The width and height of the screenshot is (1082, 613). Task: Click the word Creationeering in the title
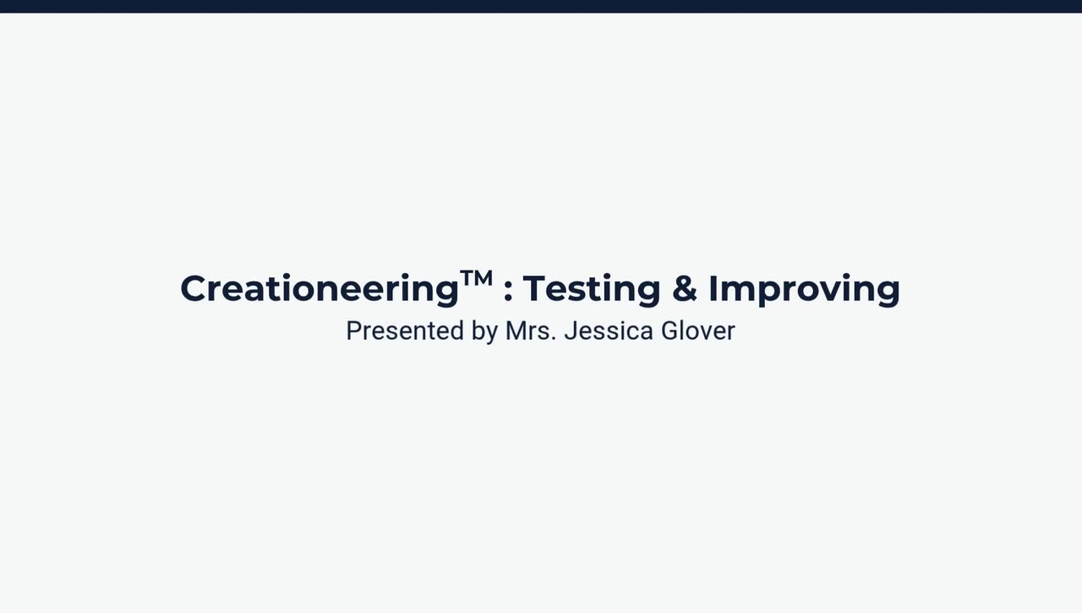click(x=320, y=290)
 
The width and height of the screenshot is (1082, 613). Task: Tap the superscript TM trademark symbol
click(x=476, y=279)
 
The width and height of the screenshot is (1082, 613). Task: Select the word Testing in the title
click(x=592, y=290)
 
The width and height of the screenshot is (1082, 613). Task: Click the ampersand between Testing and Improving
click(x=685, y=288)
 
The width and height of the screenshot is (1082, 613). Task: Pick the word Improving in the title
click(x=804, y=290)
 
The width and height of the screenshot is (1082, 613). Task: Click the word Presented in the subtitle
click(x=405, y=331)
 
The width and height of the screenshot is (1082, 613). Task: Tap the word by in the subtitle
click(x=485, y=331)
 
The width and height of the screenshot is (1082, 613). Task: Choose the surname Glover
click(x=698, y=331)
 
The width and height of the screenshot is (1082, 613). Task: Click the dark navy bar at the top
click(x=541, y=6)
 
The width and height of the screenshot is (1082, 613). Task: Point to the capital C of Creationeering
click(x=194, y=288)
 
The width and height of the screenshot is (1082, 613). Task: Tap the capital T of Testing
click(x=535, y=288)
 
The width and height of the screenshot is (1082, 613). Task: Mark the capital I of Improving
click(x=713, y=288)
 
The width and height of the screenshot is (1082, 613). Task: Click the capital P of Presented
click(x=354, y=331)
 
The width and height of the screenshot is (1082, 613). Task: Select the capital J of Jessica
click(x=571, y=331)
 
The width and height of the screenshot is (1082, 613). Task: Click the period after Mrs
click(x=554, y=340)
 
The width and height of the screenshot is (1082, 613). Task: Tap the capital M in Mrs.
click(x=516, y=331)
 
